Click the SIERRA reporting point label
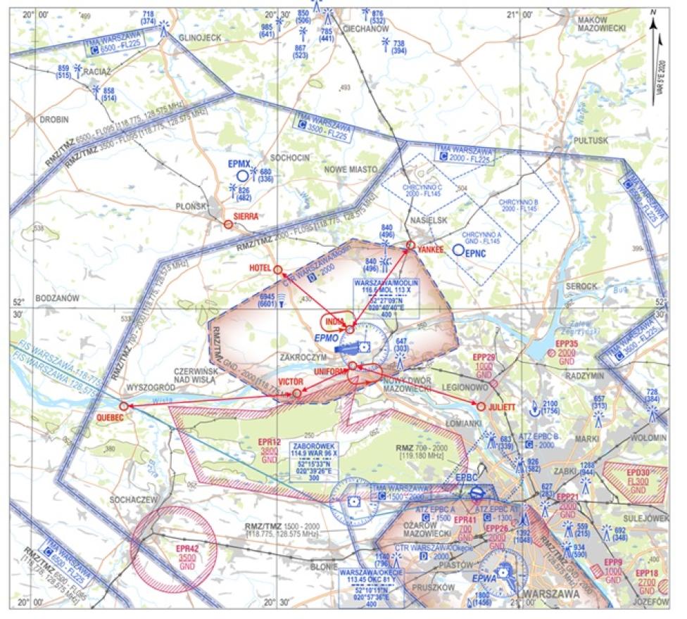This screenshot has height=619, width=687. click(x=246, y=217)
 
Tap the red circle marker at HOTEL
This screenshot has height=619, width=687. click(x=277, y=269)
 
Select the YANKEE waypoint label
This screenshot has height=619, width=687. click(x=429, y=249)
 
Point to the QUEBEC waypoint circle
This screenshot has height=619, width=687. click(x=124, y=406)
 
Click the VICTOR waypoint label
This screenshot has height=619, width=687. click(x=290, y=381)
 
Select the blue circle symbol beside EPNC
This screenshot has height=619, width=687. click(x=458, y=249)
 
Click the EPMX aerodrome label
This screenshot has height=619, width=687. click(x=239, y=163)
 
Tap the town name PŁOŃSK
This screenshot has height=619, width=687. click(x=190, y=207)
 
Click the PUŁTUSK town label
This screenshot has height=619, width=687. click(x=591, y=141)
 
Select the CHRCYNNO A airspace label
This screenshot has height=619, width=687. click(x=482, y=236)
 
